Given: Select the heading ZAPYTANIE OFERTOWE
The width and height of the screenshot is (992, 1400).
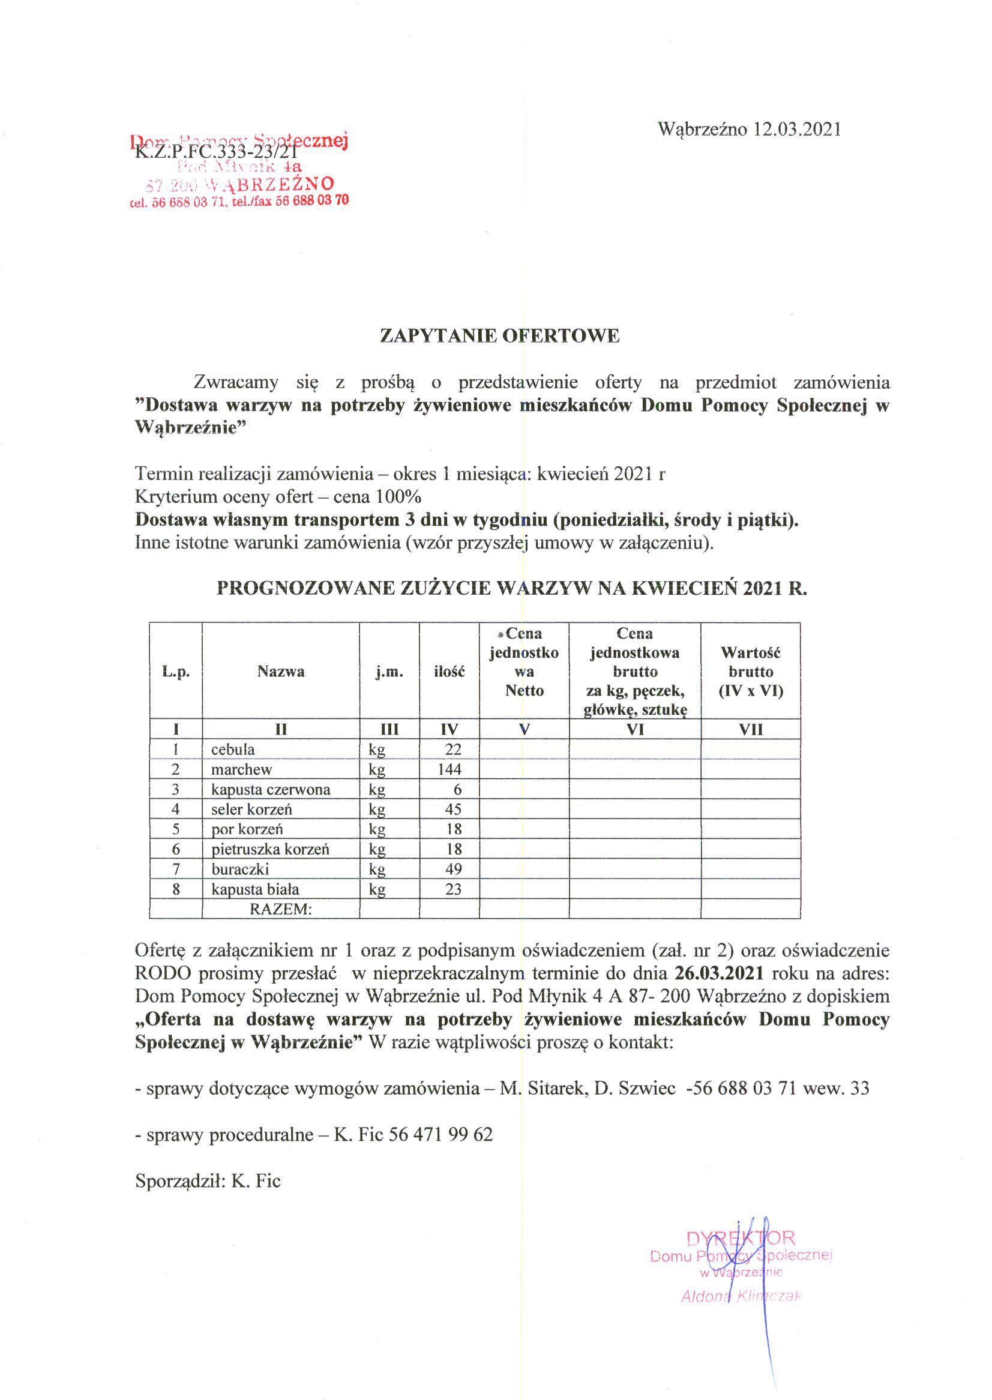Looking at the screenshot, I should pos(500,336).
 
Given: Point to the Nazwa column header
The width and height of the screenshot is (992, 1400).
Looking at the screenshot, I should pos(280,672).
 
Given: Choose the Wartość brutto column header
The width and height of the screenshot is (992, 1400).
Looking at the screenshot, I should pos(751,672).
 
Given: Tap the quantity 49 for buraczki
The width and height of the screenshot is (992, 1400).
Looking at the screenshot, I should pos(453,869).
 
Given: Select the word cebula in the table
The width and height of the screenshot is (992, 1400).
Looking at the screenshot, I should pos(233,750).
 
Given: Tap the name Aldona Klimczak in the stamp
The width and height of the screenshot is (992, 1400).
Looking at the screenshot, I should pos(741,1297).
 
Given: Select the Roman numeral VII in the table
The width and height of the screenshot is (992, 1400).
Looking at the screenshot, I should pos(751,729).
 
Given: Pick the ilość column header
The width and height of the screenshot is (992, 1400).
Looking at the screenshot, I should pos(449,672).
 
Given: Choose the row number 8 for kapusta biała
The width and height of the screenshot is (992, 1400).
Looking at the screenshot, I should pos(176,889).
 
